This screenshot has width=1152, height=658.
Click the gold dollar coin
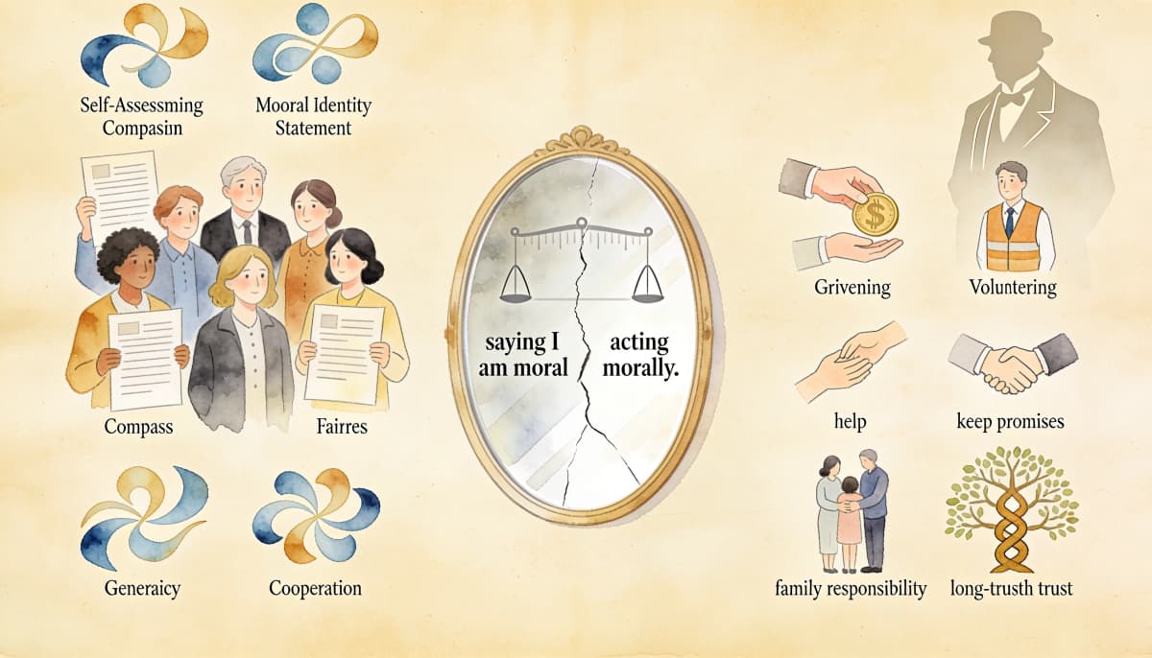coord(875,213)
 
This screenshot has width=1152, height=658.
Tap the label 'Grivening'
coord(852,287)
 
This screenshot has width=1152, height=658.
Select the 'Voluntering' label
coord(1013,287)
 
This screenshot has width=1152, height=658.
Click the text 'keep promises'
coord(1010,422)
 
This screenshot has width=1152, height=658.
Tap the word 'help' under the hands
coord(850,421)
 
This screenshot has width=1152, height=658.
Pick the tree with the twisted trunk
coord(1012,508)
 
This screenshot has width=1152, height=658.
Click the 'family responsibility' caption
coord(851,588)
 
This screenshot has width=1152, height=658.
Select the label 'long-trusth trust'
coord(1012,589)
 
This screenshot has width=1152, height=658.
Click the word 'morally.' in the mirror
coord(641,367)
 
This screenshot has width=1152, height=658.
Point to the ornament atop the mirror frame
coord(582,140)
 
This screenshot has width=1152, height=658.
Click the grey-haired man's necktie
coord(248,232)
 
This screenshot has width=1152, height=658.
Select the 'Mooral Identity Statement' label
coord(313,117)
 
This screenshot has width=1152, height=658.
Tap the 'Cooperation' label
coord(315,588)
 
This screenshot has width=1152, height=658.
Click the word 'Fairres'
coord(342,426)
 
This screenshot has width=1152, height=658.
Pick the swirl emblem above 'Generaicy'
coord(145,517)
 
